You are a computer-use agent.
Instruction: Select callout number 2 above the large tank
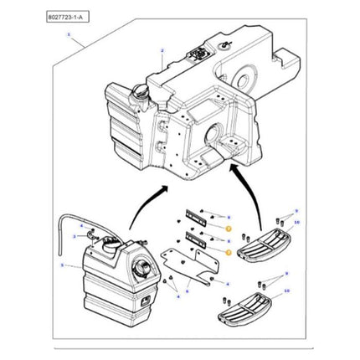pos(161,51)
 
